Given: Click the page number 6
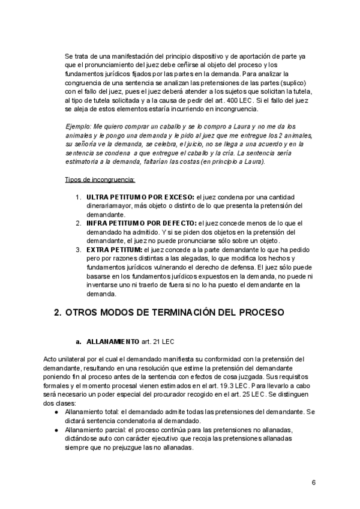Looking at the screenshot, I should click(x=313, y=483).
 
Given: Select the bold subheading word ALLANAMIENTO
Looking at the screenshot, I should click(x=113, y=342).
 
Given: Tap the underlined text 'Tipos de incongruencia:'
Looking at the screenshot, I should click(x=100, y=180).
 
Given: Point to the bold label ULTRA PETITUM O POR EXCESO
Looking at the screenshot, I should click(x=138, y=197).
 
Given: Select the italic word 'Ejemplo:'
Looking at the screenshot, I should click(x=78, y=127).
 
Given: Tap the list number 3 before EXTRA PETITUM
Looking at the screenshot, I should click(x=78, y=248).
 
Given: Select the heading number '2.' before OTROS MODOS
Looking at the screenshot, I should click(x=58, y=313).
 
